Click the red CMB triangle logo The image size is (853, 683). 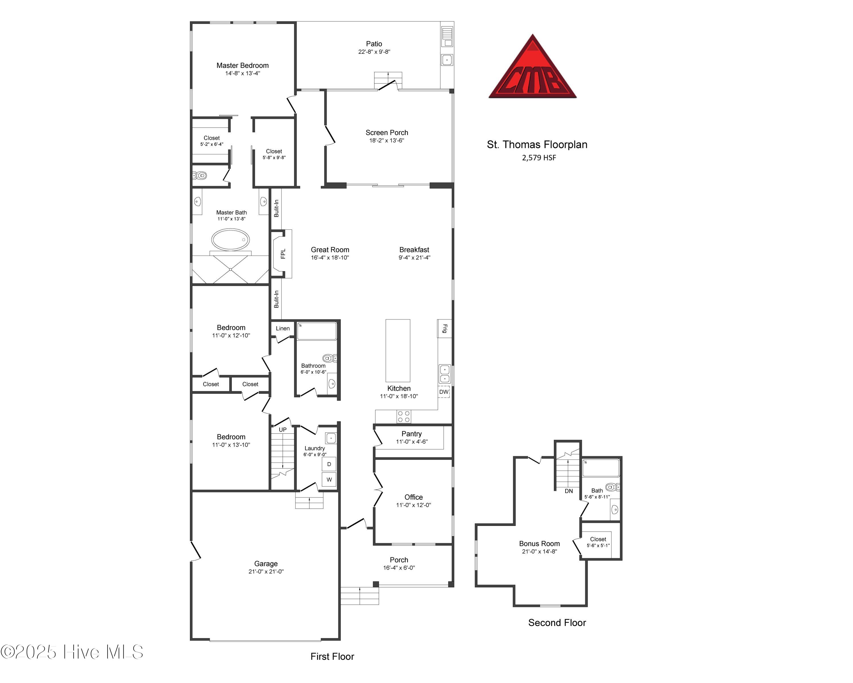(x=533, y=69)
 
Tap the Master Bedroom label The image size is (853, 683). (x=243, y=65)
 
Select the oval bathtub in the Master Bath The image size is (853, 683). (x=230, y=240)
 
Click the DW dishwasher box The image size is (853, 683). (x=444, y=392)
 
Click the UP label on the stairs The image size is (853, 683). (x=283, y=430)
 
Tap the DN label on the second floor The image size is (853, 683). (x=569, y=491)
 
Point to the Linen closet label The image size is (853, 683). (x=283, y=328)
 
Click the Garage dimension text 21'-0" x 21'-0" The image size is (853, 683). (x=266, y=571)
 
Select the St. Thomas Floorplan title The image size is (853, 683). (x=537, y=145)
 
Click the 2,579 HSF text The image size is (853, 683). (x=539, y=158)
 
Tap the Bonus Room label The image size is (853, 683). (x=539, y=544)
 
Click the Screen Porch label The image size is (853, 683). (x=386, y=133)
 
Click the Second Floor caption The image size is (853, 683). (x=557, y=623)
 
